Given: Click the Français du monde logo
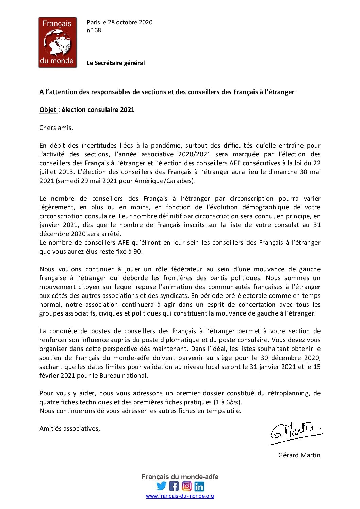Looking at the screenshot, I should click(58, 43).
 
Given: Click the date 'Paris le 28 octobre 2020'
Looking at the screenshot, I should click(119, 22).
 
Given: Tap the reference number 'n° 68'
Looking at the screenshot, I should click(94, 30).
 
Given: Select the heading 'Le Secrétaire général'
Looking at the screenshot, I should click(116, 63).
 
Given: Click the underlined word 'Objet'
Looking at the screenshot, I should click(48, 110).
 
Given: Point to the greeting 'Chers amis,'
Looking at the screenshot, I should click(56, 128).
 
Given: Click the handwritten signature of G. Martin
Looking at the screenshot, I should click(295, 432).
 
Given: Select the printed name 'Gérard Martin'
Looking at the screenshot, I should click(299, 455).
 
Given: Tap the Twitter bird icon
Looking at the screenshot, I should click(161, 486).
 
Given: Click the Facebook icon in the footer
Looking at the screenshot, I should click(174, 486).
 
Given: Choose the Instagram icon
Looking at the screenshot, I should click(186, 486).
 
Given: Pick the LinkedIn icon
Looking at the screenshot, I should click(199, 486).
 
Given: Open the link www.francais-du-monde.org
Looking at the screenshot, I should click(180, 496).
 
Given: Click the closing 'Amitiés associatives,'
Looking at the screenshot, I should click(70, 429).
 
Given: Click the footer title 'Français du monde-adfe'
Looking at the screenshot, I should click(180, 477).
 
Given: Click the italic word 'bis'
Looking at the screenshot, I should click(234, 402).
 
